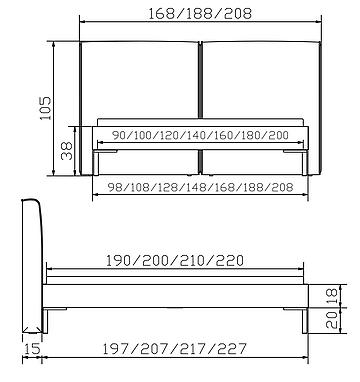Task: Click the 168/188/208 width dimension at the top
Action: (200, 13)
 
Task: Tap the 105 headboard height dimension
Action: (45, 108)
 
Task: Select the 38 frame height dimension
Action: (67, 151)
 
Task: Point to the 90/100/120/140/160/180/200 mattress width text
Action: (200, 135)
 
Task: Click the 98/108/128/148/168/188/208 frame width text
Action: (200, 187)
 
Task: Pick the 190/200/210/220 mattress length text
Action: (175, 260)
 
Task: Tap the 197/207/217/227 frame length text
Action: (174, 349)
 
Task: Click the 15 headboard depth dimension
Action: (32, 349)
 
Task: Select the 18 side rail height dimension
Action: (332, 296)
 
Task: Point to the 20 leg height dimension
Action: (332, 320)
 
